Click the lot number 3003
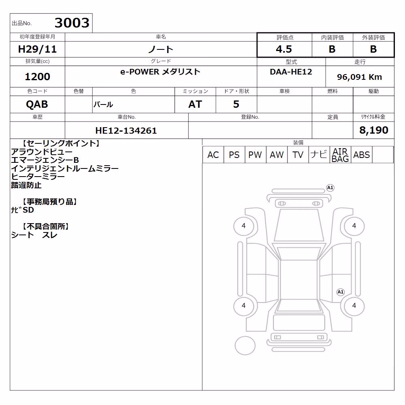click(72, 23)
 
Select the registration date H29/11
click(37, 49)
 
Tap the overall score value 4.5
click(284, 49)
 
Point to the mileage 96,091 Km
click(359, 77)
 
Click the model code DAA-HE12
click(291, 72)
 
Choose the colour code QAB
click(37, 104)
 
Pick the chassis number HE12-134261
click(126, 130)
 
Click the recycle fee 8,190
click(374, 130)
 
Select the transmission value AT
click(195, 104)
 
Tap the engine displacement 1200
click(37, 77)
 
